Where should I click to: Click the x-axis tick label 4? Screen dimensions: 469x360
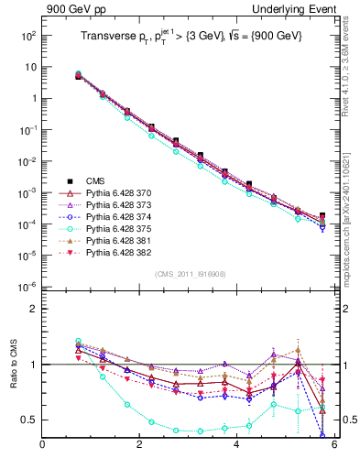[236, 446]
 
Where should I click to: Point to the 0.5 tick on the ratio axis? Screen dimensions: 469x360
[30, 420]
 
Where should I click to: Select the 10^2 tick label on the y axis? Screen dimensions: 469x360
[27, 36]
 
